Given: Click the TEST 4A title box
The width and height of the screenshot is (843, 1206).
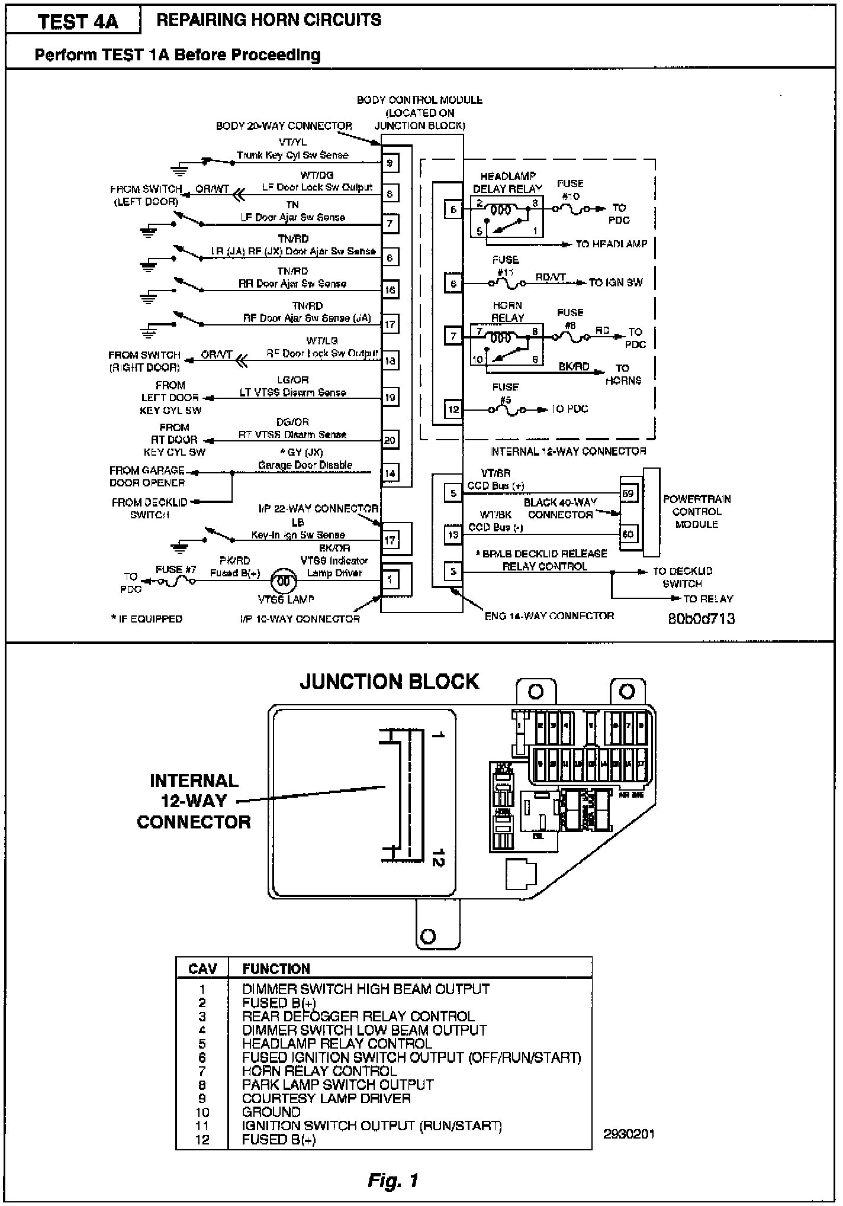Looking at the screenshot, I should tap(78, 22).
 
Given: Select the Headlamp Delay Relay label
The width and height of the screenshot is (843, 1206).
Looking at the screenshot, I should tap(507, 183).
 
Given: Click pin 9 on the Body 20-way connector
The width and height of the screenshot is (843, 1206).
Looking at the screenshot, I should tap(390, 163).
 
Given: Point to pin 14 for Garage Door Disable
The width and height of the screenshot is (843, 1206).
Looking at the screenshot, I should tap(390, 473).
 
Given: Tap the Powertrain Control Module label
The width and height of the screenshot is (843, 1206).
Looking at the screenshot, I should tap(697, 511).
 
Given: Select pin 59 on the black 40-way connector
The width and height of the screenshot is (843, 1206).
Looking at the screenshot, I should tap(628, 493).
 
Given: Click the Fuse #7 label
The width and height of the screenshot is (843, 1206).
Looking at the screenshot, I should tap(176, 569).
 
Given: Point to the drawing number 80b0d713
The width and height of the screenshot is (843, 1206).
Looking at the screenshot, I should tap(702, 618).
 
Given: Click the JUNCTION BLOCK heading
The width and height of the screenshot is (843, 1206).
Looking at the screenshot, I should tap(389, 681).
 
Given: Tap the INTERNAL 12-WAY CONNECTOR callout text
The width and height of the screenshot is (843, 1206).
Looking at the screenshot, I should tap(194, 801).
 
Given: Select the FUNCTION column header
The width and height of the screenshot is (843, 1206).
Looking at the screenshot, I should tap(276, 969).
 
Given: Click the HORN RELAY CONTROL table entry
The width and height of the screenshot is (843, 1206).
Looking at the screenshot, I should tap(319, 1071).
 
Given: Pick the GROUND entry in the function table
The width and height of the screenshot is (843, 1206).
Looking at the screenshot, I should tap(271, 1112).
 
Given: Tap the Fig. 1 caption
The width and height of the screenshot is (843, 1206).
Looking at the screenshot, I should tap(392, 1181).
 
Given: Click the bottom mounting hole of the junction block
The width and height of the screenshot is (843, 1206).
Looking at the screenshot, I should tap(427, 936).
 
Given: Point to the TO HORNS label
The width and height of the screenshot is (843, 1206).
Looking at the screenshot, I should tap(623, 374).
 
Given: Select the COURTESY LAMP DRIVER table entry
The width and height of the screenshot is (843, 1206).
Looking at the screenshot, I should tap(326, 1098).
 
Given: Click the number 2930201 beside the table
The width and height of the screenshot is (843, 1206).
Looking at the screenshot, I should tap(629, 1134).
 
